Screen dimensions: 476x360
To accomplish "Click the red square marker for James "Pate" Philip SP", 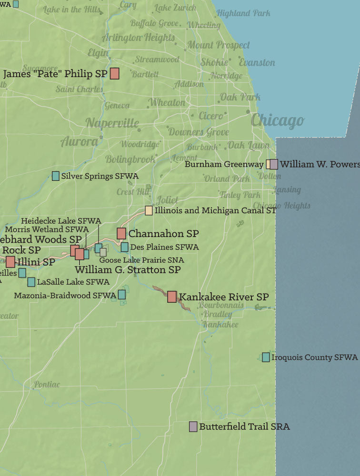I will [114, 74].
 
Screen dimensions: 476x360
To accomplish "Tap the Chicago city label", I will [277, 120].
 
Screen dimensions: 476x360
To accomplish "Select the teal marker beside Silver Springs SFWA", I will [56, 176].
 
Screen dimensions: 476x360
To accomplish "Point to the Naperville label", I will [112, 123].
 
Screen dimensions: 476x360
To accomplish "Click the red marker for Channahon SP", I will [121, 233].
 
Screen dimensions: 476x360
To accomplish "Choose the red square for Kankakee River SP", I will [172, 297].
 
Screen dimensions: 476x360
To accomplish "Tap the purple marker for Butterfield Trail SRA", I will [193, 426].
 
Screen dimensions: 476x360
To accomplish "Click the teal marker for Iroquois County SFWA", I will [266, 357].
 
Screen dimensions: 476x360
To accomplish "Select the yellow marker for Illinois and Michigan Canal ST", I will [149, 210].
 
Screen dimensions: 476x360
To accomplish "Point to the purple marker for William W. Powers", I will [274, 164].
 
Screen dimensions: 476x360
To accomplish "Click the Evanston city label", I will [257, 62].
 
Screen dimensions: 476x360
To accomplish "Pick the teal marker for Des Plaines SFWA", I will [124, 247].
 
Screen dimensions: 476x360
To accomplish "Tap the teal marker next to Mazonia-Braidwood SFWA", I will [122, 295].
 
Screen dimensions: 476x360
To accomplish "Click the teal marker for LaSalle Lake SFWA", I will [31, 282].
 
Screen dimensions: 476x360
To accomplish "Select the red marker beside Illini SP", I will [10, 261].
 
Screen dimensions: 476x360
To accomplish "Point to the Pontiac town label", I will [47, 384].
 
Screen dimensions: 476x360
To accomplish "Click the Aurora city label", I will [79, 141].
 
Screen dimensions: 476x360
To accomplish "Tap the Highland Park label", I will [243, 13].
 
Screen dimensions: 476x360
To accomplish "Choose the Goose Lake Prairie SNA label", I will [141, 260].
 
